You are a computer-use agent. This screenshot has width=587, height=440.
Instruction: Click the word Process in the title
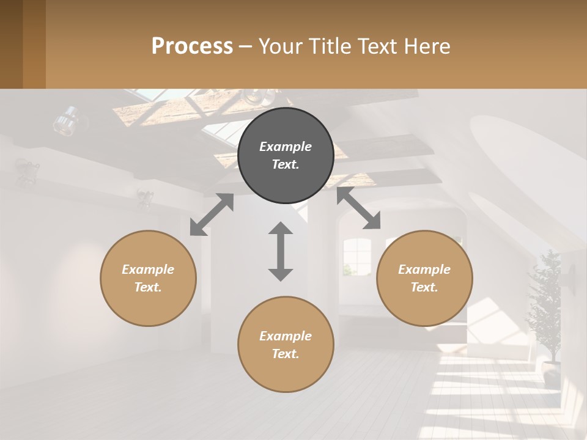point(192,46)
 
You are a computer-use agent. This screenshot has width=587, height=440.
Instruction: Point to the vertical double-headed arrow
point(281,251)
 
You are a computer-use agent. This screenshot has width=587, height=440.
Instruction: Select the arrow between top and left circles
point(212,215)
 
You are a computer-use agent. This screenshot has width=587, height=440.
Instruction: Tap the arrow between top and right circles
point(358,208)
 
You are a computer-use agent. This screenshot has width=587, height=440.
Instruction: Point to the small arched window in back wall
point(356,254)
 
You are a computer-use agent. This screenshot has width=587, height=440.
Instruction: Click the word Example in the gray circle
point(286,147)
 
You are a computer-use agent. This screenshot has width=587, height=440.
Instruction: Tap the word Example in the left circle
point(148,269)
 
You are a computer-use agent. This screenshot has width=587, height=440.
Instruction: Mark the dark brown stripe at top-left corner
point(11,44)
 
